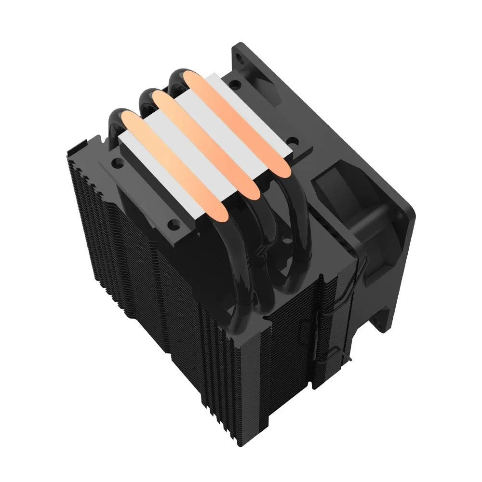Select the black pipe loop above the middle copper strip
147,96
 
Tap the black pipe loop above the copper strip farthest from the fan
115,118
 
